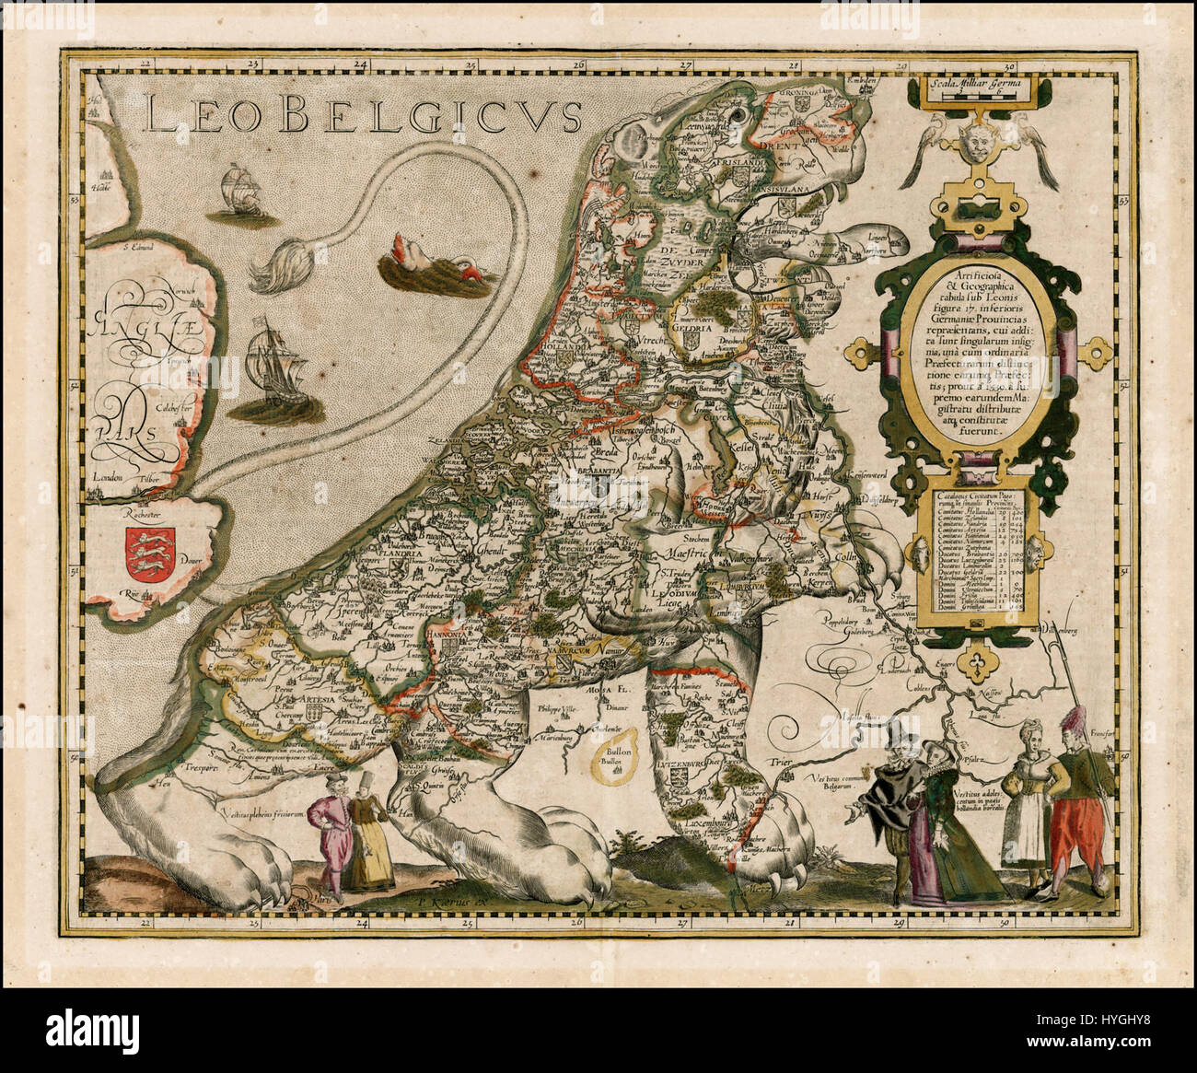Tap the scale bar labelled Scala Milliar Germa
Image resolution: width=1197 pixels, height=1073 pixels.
pos(973,90)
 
